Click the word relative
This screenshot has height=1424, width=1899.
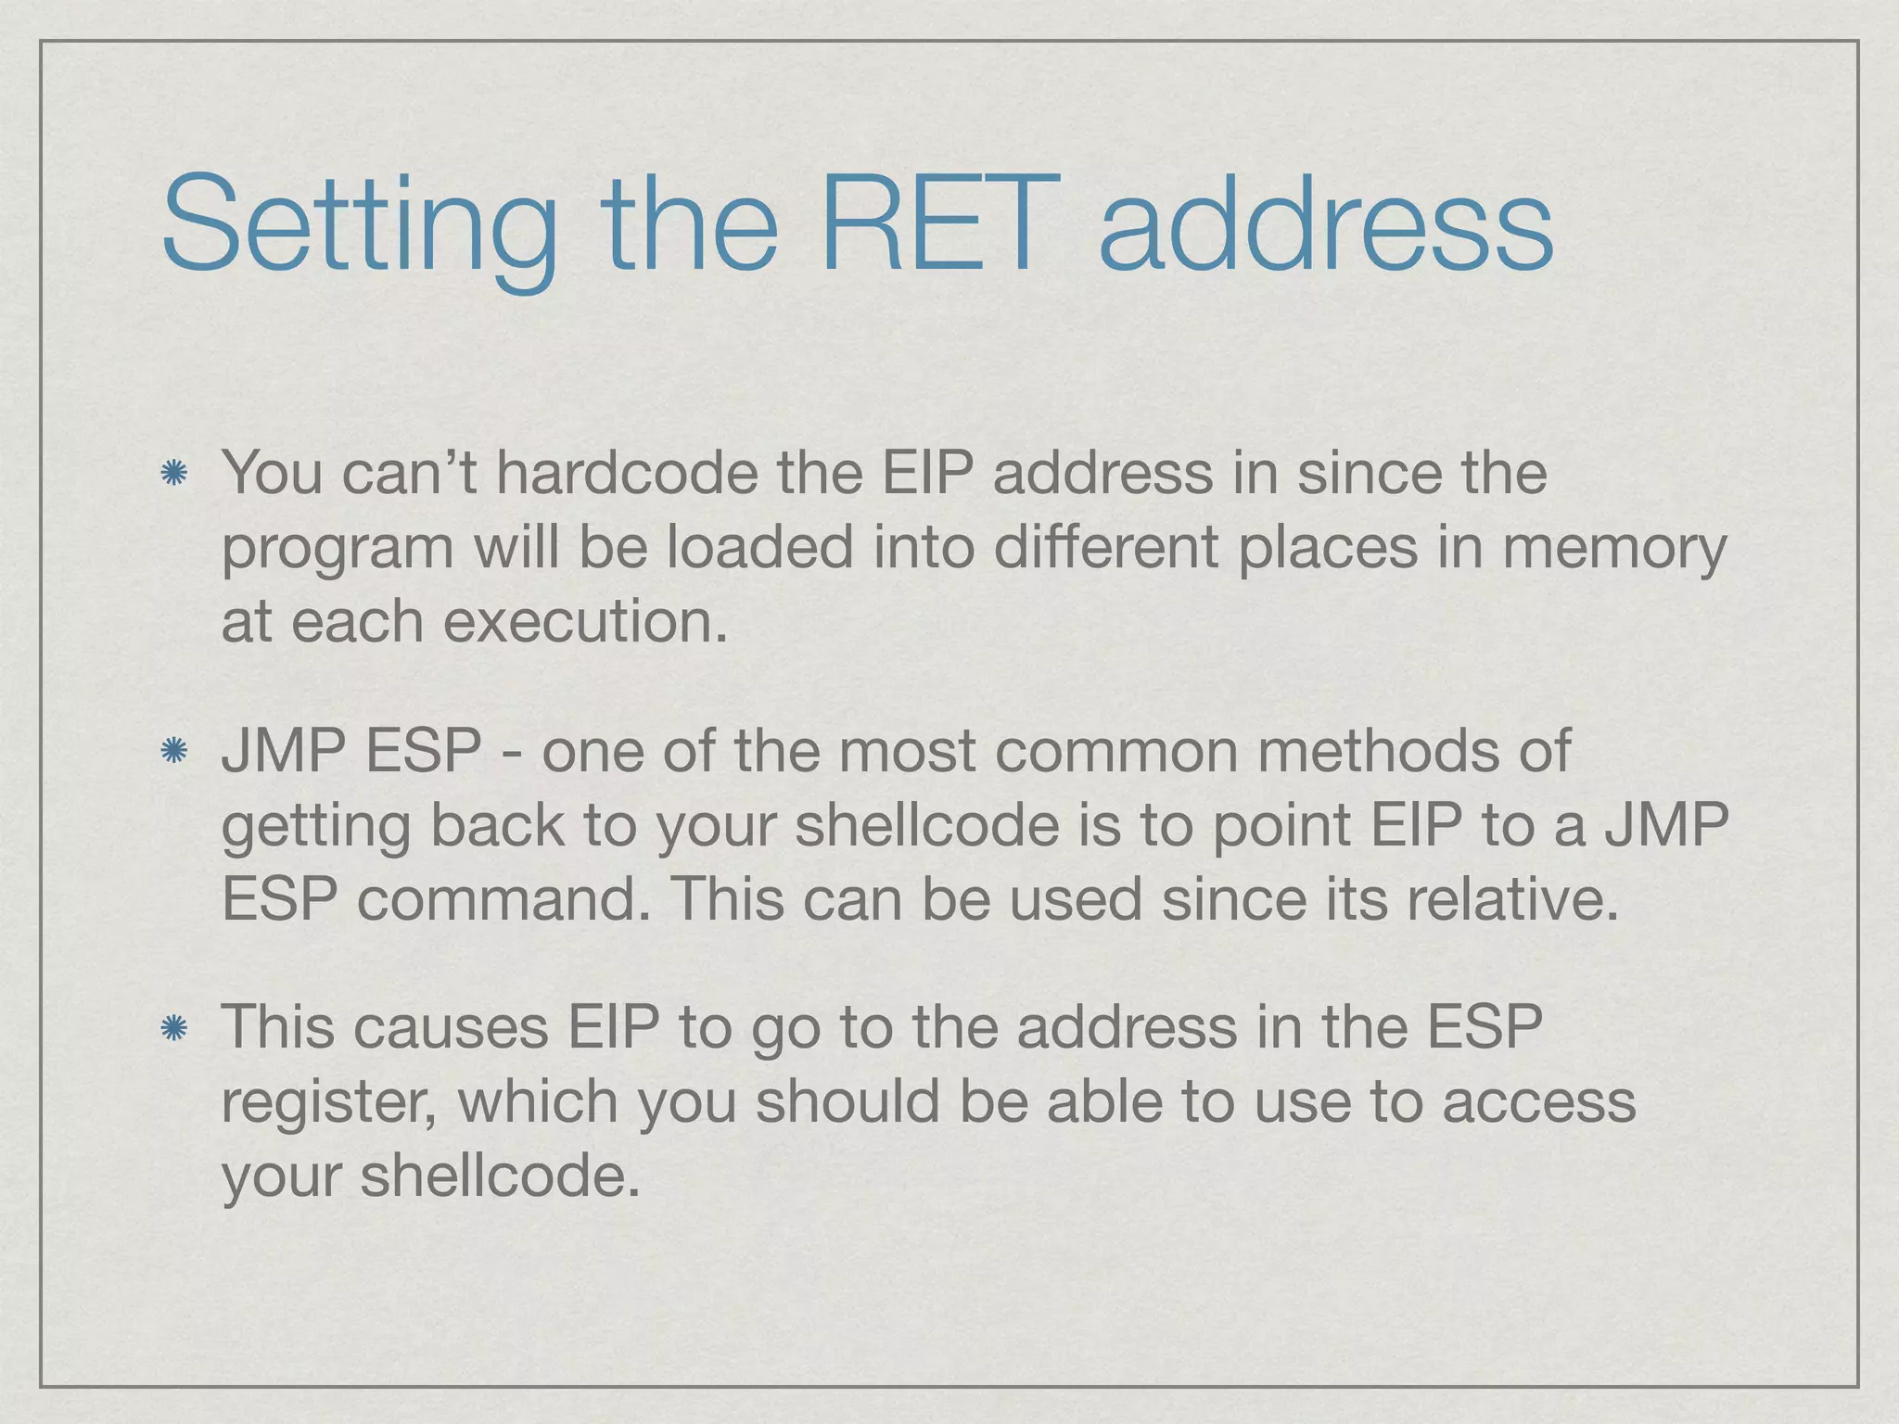click(1512, 899)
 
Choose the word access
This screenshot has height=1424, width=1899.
click(1538, 1103)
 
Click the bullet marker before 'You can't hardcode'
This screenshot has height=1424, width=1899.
click(173, 475)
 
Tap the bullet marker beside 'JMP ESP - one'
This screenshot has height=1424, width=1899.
click(173, 752)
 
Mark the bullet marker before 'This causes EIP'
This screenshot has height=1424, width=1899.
click(173, 1028)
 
